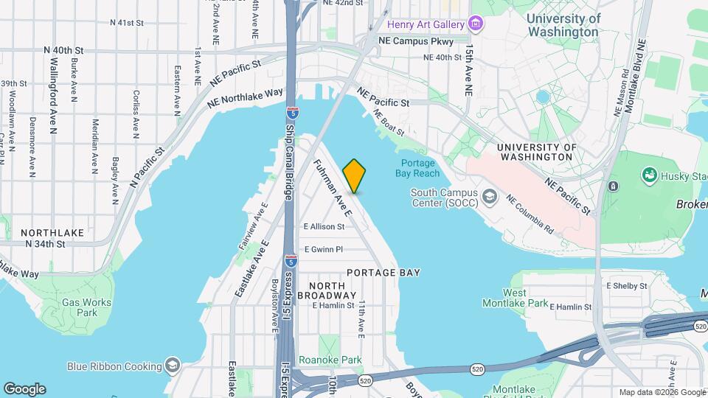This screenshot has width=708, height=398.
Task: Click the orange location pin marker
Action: [354, 176]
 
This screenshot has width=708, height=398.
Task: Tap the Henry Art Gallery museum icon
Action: [476, 24]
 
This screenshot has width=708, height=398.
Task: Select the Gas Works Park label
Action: [86, 307]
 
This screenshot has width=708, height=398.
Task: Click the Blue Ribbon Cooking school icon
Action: [172, 366]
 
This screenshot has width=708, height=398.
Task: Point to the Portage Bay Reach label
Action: [420, 168]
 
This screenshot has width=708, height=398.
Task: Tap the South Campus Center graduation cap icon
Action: [490, 197]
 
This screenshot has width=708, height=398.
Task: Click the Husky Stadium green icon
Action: [649, 175]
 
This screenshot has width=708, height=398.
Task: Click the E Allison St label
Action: [324, 226]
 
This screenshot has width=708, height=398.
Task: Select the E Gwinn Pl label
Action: [324, 249]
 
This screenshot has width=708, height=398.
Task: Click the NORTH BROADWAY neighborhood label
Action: [327, 290]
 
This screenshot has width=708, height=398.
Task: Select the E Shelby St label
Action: [626, 285]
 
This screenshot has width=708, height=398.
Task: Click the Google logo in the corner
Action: [24, 388]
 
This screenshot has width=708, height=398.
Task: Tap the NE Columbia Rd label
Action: [530, 214]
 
